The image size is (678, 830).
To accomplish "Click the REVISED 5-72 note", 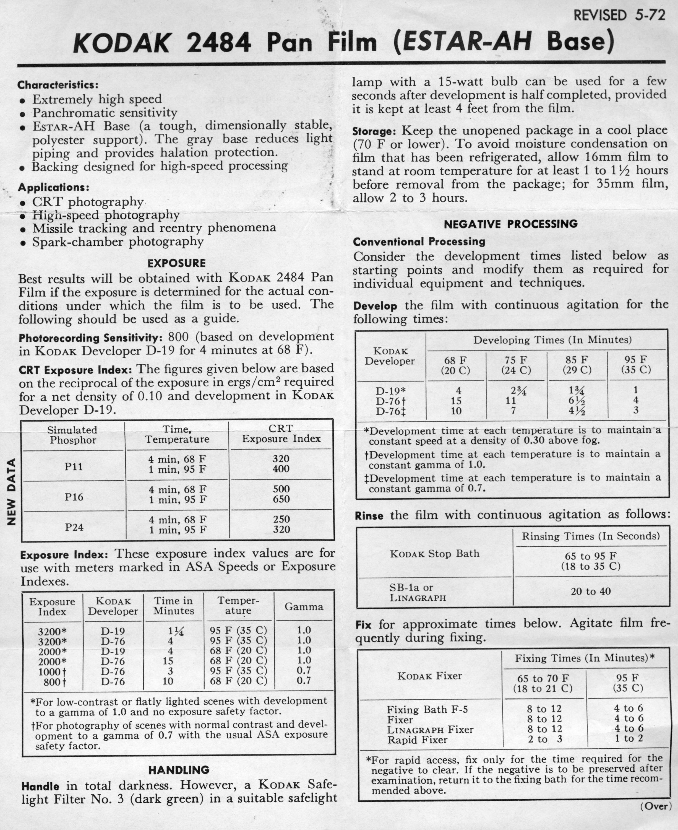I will (x=619, y=15).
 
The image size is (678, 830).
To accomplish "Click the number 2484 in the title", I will (x=218, y=43).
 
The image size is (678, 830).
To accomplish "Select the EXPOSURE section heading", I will (x=176, y=263).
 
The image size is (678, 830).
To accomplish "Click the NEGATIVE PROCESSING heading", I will (x=511, y=224).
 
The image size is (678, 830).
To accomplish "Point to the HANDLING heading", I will (x=179, y=770).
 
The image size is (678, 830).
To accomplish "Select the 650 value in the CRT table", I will (x=281, y=499).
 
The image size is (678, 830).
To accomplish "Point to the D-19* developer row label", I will (x=390, y=391).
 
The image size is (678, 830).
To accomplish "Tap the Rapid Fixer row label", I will (x=417, y=740).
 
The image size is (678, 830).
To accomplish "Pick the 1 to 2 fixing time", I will (x=629, y=738).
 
